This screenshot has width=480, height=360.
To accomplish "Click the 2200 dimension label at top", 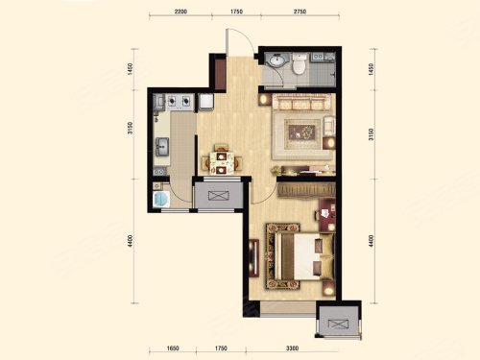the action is pos(180,12).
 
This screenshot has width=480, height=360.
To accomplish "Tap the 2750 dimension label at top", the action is pos(300,12).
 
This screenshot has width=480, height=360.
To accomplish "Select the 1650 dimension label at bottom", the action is pos(173,348).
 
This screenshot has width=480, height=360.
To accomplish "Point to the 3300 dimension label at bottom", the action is pos(292,348).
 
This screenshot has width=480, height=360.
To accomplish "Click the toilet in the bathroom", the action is pos(300,63).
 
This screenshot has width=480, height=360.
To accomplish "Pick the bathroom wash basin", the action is pos(276,60).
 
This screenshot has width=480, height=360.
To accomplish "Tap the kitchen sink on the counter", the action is pos(162,147).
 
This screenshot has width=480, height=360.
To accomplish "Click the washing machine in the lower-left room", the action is pos(161,199).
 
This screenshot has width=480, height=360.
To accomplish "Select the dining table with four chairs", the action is pos(221,160).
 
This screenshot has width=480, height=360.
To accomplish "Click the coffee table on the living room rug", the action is pos(302,132).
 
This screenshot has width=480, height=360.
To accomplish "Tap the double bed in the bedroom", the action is pos(300,256).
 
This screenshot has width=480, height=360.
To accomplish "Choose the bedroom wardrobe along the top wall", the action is pos(306,190).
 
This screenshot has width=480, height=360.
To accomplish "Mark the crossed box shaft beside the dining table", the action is pos(219,195).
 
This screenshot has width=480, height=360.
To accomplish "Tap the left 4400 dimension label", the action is pos(130,241).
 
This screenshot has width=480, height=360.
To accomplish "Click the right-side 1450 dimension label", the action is pos(371,69).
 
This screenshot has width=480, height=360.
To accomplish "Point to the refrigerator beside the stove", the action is pos(205,102).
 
